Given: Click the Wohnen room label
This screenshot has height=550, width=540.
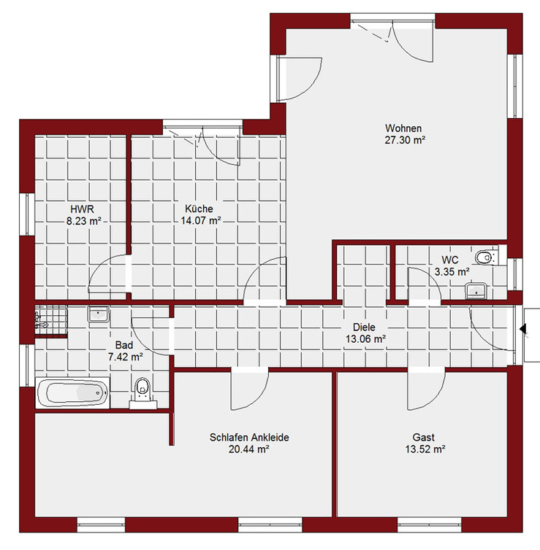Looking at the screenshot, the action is tap(403, 128).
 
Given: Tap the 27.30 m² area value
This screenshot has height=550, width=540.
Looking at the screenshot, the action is tap(405, 140).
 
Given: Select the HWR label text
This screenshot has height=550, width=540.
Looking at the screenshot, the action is tap(83, 209).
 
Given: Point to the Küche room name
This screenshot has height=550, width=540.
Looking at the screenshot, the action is tap(199, 209).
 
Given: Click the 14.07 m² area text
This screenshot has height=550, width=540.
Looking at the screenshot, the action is tap(201, 220).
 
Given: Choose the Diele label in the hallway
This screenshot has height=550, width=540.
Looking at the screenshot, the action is tap(364, 328).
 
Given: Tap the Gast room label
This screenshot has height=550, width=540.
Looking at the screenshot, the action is tap(423, 438).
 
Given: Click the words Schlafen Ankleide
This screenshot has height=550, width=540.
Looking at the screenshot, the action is tap(249, 438).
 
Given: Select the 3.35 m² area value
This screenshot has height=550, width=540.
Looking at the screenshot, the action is tap(452, 272).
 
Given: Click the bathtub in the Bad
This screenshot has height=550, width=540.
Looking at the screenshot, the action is tap(73, 393).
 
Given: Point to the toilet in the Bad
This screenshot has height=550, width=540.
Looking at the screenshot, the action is tap(142, 393).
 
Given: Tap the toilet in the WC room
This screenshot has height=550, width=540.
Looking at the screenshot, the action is tap(487, 257).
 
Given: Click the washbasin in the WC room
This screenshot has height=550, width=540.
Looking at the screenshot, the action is tap(476, 291).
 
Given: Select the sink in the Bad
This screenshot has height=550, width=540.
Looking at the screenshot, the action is tap(99, 314).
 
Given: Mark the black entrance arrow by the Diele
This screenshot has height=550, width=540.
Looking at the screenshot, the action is tap(522, 329).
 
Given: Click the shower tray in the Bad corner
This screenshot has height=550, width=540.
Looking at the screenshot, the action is tap(51, 320).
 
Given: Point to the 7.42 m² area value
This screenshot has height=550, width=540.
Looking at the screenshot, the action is tap(126, 357).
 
